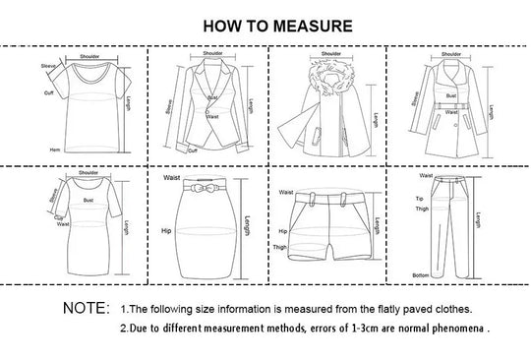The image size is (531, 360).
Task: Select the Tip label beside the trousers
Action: (418, 198)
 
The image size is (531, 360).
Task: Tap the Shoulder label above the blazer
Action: (212, 54)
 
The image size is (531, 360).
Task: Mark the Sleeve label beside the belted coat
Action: (415, 98)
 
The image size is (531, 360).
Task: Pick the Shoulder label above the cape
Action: (329, 54)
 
